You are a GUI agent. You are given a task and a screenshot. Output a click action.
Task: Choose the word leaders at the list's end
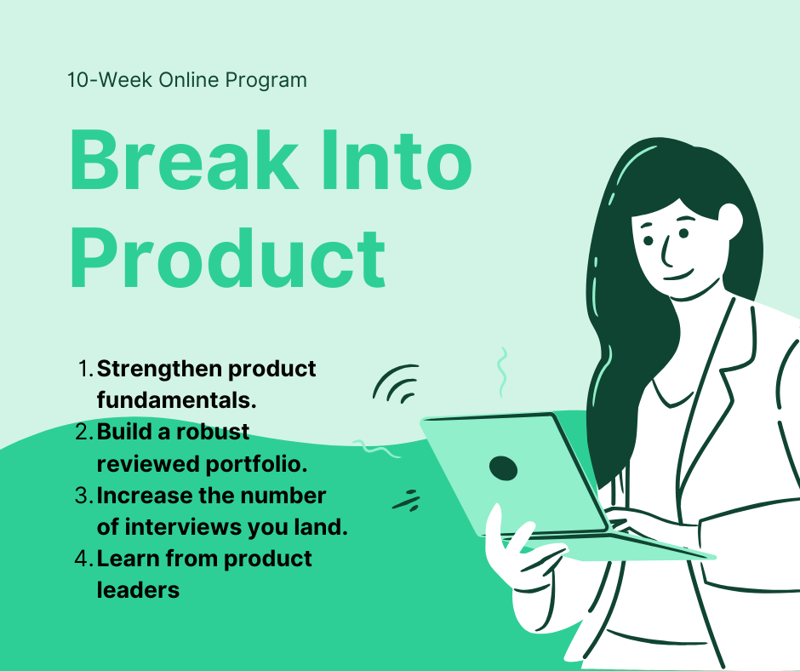click(x=138, y=589)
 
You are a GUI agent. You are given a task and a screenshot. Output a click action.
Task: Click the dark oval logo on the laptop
click(x=503, y=467)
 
